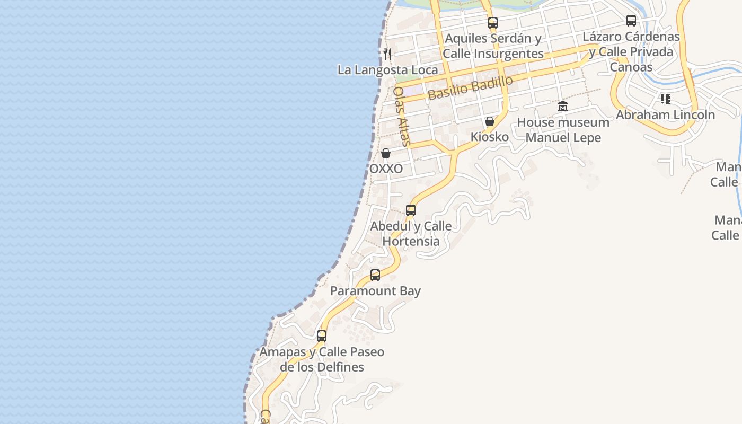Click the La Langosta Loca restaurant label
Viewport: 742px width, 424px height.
(x=387, y=70)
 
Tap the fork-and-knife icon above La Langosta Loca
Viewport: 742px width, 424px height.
(x=387, y=54)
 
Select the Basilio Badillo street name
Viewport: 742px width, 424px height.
(x=470, y=87)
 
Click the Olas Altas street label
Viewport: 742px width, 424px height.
(x=402, y=116)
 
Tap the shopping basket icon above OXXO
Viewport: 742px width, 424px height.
(x=386, y=153)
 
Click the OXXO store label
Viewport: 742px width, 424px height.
(x=386, y=169)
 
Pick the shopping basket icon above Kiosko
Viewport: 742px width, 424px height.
(x=490, y=121)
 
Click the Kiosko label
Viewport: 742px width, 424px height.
(x=490, y=137)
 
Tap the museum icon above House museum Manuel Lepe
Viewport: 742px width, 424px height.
(x=563, y=107)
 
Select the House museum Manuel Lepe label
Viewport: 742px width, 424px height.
(x=563, y=130)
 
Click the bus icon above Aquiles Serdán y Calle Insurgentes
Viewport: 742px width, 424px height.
(x=493, y=23)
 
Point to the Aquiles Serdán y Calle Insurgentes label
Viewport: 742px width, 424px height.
(x=493, y=46)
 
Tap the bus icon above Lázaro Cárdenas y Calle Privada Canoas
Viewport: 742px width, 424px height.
(x=631, y=21)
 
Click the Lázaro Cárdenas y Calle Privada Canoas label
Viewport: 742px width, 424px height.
(x=631, y=52)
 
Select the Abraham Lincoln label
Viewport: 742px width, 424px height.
(x=665, y=114)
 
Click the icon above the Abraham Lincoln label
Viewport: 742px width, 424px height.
(x=665, y=99)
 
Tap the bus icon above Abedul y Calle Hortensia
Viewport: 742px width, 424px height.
(x=411, y=210)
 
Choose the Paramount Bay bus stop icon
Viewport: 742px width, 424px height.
(x=375, y=275)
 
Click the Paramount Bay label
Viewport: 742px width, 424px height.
(x=375, y=291)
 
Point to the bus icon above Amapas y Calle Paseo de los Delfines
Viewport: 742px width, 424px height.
(x=322, y=335)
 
